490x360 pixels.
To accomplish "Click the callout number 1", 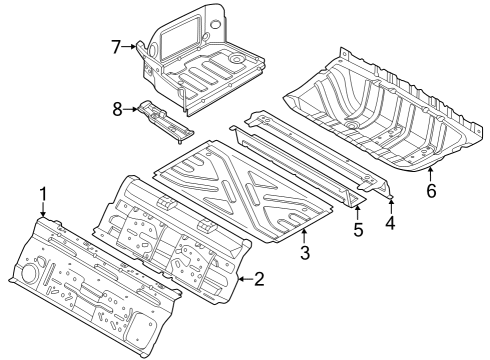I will [x=43, y=193].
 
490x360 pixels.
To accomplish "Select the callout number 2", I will [x=259, y=279].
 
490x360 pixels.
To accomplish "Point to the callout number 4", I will [x=390, y=224].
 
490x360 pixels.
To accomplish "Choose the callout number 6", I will [x=432, y=190].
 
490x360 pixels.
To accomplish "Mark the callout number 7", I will [x=116, y=46].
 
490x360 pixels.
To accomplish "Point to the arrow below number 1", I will [x=43, y=210].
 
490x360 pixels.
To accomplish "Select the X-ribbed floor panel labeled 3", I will [x=240, y=190].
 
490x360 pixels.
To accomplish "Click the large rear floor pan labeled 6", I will [x=380, y=110].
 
